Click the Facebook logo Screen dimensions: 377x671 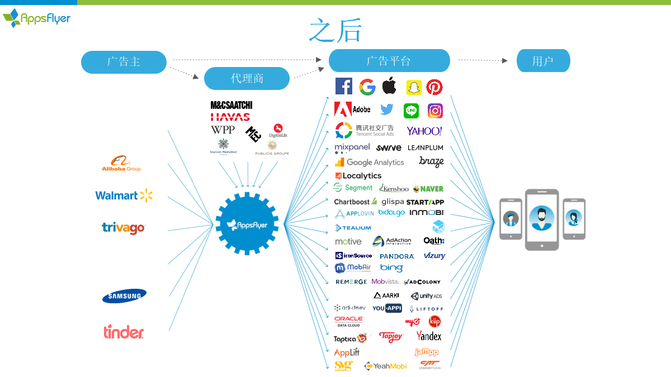pos(343,87)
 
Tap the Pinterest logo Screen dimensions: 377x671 pos(434,87)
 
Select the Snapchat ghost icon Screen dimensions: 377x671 pos(413,88)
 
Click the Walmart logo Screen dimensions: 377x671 pos(124,195)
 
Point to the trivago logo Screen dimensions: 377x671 pos(124,228)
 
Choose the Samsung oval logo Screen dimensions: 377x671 pos(124,296)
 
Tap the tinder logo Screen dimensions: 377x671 pos(124,332)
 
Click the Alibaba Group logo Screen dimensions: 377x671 pos(121,164)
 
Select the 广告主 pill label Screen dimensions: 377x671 pos(124,62)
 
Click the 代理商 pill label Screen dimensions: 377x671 pos(247,78)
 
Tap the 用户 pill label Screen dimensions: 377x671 pos(543,61)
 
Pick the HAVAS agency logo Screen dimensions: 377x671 pos(230,117)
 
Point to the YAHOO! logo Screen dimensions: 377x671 pos(424,131)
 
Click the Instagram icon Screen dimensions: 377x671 pos(435,111)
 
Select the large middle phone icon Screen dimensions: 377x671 pos(541,219)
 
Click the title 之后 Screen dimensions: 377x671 pos(335,30)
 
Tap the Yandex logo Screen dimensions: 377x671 pos(429,336)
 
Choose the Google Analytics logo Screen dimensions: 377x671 pos(369,163)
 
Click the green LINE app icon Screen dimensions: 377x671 pos(412,111)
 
